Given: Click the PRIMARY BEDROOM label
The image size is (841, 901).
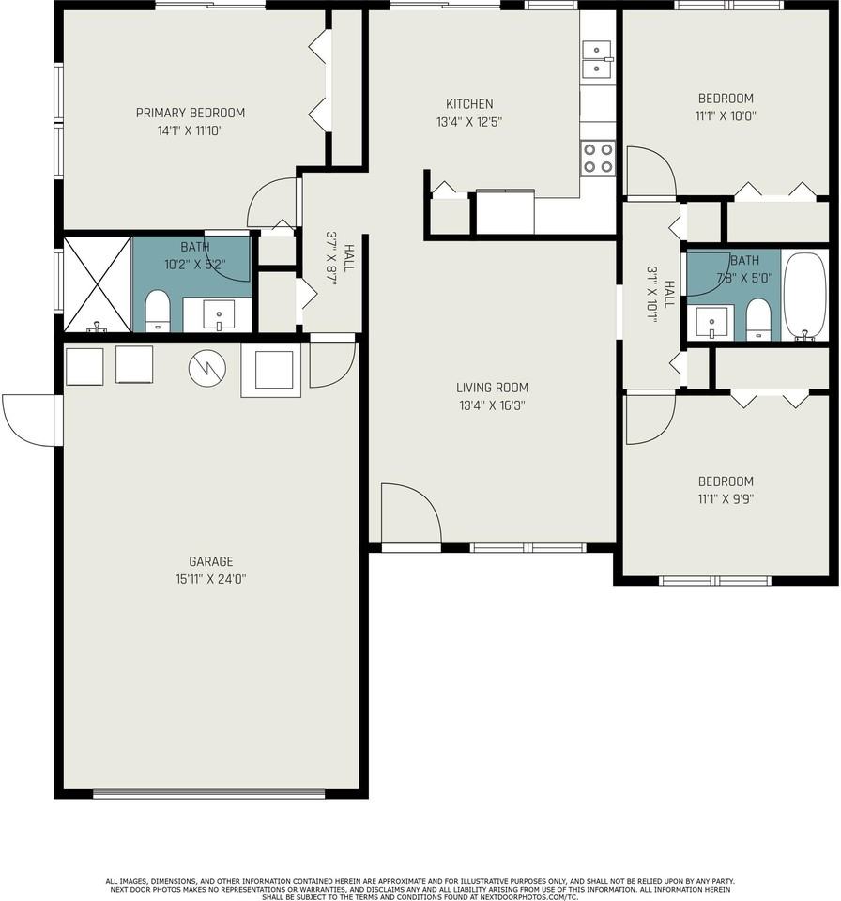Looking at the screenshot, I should (x=190, y=113).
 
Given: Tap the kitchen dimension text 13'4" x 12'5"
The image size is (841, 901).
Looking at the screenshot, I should (x=469, y=121).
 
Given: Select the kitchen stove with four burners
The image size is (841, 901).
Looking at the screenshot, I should (x=598, y=158).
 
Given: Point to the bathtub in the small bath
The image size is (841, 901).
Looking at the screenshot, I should (x=805, y=295).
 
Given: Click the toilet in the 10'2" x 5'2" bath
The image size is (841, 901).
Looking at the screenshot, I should (x=158, y=311).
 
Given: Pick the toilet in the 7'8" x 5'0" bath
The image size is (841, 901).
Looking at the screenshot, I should (x=757, y=319).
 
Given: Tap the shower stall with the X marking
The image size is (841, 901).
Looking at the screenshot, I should (x=97, y=283).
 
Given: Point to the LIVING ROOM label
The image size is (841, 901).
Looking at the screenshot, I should (x=492, y=387).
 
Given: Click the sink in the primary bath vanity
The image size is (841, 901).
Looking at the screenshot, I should (x=218, y=313).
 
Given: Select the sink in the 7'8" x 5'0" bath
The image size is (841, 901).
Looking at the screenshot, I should (x=712, y=321).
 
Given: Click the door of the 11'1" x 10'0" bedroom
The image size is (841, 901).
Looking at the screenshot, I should (x=650, y=172).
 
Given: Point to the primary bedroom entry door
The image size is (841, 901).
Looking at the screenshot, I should (x=272, y=203).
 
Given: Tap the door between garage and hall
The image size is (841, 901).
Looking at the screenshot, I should (x=331, y=363).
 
